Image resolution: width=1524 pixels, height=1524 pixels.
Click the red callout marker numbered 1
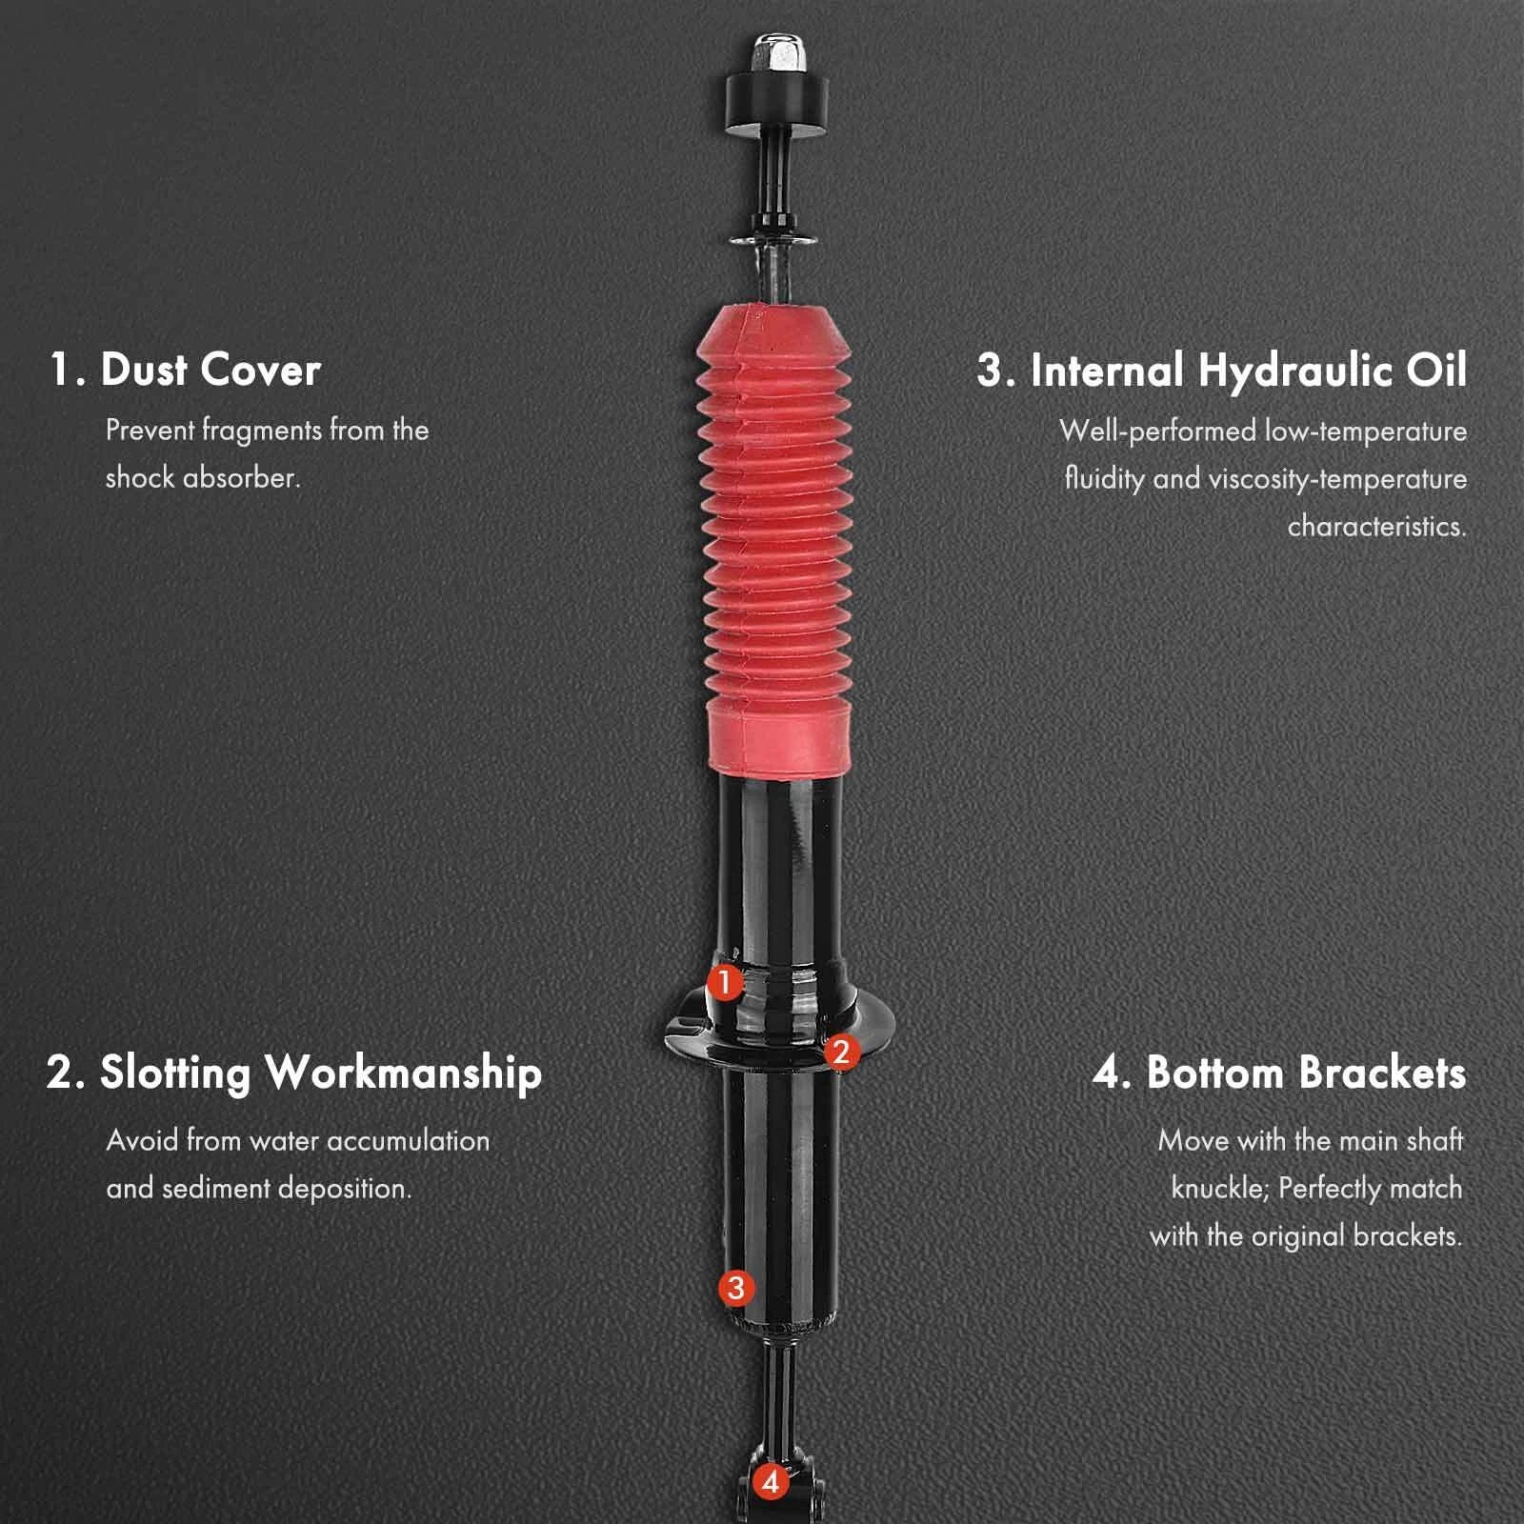[x=725, y=982]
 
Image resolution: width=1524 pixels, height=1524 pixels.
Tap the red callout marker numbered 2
[x=839, y=1053]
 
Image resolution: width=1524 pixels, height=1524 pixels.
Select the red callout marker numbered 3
[x=735, y=1289]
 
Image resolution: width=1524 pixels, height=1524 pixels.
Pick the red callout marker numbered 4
[x=771, y=1482]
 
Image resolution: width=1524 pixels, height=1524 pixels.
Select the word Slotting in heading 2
[x=174, y=1073]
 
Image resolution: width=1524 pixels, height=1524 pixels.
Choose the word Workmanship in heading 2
[x=404, y=1073]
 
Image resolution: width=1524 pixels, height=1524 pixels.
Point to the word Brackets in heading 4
[x=1382, y=1073]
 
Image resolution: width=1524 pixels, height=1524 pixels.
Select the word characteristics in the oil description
[x=1377, y=526]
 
